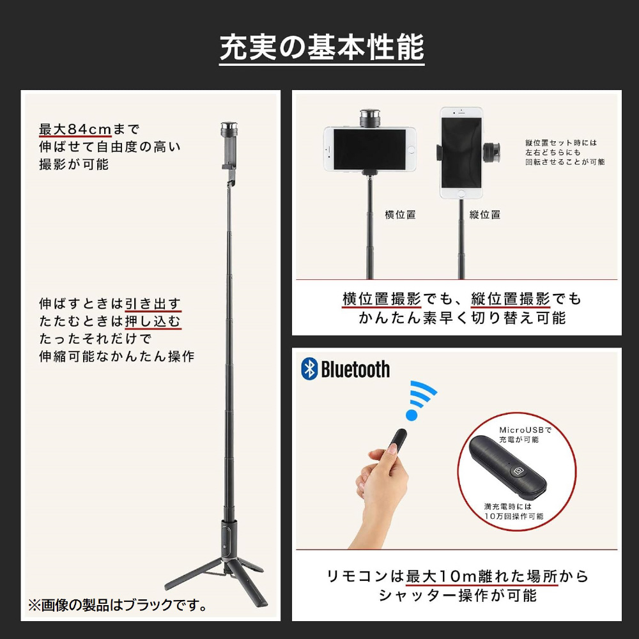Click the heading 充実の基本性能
(x=322, y=48)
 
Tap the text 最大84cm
(x=75, y=129)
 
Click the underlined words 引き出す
(x=153, y=304)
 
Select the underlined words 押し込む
(x=153, y=321)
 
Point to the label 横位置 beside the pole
(x=400, y=214)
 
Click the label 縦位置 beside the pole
(x=485, y=214)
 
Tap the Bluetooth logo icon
(x=309, y=369)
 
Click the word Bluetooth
(x=355, y=369)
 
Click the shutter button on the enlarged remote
(x=518, y=471)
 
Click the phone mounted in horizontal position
(x=370, y=149)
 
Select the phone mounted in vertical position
(x=461, y=153)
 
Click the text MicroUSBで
(x=525, y=430)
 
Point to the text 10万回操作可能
(x=514, y=516)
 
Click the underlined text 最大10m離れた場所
(x=482, y=576)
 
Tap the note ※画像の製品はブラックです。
(x=118, y=604)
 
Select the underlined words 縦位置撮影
(x=511, y=299)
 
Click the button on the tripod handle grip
(x=224, y=547)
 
